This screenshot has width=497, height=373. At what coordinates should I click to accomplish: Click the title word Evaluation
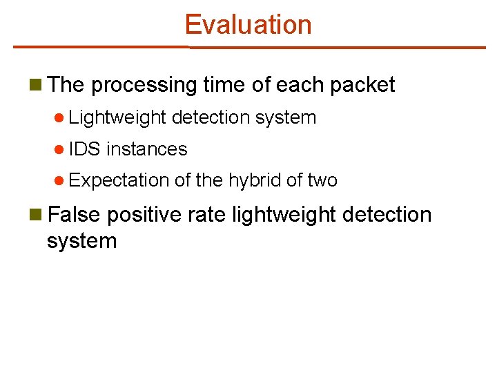tap(248, 25)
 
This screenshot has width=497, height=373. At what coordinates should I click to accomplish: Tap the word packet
tap(362, 85)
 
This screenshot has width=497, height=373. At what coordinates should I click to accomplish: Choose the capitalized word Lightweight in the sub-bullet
tap(117, 118)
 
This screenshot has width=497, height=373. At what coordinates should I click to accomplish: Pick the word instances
tap(147, 149)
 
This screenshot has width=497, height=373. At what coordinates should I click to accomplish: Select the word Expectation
tap(119, 181)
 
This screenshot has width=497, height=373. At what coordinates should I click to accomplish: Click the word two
tap(322, 181)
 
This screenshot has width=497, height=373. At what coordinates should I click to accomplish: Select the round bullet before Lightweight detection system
tap(61, 118)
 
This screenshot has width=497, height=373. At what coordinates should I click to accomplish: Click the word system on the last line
tap(81, 241)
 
